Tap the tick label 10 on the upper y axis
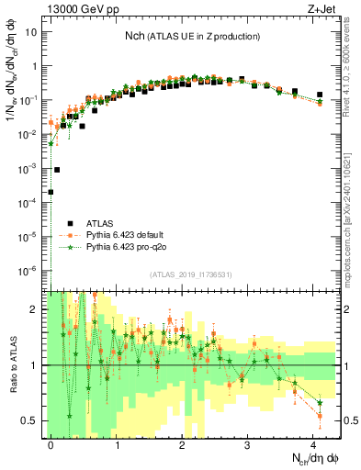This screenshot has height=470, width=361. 30,32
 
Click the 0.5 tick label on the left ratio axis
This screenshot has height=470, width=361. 28,420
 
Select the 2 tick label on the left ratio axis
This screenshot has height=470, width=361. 34,309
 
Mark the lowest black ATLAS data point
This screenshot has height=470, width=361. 51,192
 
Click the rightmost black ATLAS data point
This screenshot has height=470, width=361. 320,95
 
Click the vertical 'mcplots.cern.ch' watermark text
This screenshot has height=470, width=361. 351,220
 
